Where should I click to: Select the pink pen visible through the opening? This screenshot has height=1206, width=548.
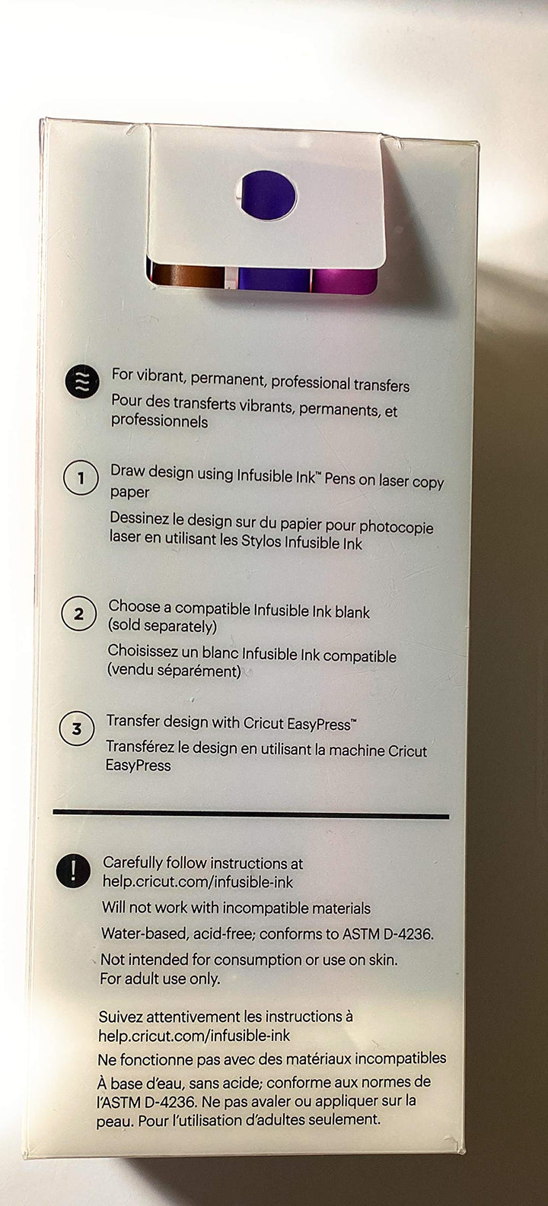pyautogui.click(x=344, y=280)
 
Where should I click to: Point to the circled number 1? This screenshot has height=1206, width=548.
pyautogui.click(x=81, y=478)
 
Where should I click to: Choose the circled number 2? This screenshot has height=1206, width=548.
pyautogui.click(x=78, y=614)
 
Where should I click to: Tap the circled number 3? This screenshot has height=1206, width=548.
pyautogui.click(x=77, y=729)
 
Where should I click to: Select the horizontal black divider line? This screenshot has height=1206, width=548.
pyautogui.click(x=250, y=814)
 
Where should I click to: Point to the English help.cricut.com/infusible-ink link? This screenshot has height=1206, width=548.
pyautogui.click(x=198, y=882)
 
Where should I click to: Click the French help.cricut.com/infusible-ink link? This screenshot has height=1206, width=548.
pyautogui.click(x=194, y=1035)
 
